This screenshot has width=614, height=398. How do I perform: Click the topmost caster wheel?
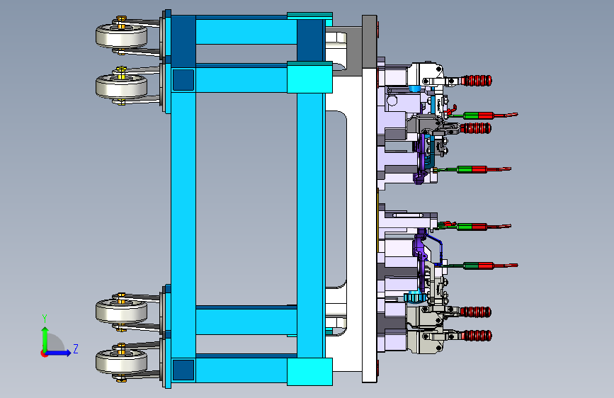[121, 36]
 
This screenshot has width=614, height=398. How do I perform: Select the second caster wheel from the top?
[121, 86]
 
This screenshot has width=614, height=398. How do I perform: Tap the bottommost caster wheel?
[121, 362]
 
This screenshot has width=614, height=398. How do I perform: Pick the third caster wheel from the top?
[121, 311]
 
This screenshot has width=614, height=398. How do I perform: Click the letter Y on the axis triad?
[45, 319]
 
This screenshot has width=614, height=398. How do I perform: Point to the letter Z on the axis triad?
[76, 348]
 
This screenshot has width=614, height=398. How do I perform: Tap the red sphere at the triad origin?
[44, 353]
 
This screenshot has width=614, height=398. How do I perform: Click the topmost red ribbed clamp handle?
[476, 81]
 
